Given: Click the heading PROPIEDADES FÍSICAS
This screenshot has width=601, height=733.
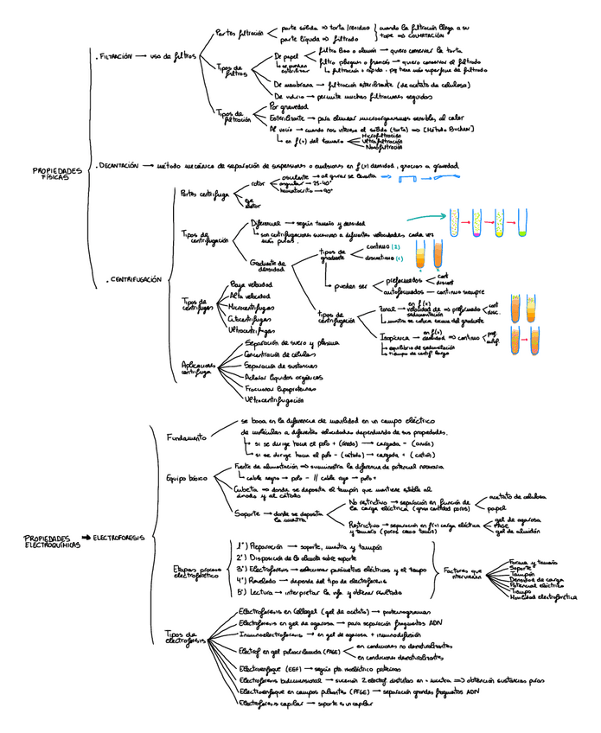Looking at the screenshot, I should coord(57,174).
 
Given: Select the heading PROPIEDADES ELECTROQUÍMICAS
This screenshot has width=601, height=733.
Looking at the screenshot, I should coord(47,542).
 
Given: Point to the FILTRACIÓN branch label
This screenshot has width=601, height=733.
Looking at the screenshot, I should coord(116,55).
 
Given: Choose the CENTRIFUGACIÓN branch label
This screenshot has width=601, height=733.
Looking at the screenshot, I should coord(133,279).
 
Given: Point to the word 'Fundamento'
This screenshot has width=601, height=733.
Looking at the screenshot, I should coord(186,437).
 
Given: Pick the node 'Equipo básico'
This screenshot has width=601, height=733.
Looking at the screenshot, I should coord(186,477).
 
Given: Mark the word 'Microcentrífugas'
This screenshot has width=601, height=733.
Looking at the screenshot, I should coord(252,307).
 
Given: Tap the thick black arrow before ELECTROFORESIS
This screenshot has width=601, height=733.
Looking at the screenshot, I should coord(86,539).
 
